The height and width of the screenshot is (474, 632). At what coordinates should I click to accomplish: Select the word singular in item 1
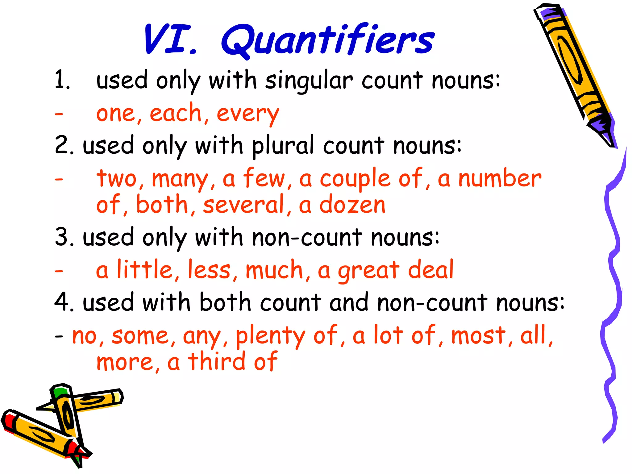309,81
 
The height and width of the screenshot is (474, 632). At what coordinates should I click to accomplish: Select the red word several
244,205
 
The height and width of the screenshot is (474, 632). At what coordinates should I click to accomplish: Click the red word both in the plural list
162,205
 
